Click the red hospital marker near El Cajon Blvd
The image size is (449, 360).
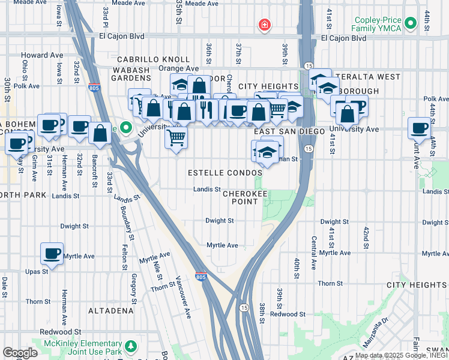[x=264, y=25]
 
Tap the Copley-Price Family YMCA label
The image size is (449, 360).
[x=372, y=24]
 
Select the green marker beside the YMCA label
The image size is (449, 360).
[x=411, y=23]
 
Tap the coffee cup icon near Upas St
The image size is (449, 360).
[x=52, y=253]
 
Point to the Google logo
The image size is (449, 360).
[x=20, y=353]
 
